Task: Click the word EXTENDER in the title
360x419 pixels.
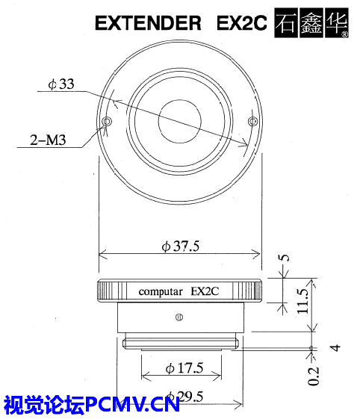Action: pyautogui.click(x=148, y=23)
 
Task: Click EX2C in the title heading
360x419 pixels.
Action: pyautogui.click(x=241, y=23)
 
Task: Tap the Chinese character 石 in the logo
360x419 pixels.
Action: pyautogui.click(x=286, y=22)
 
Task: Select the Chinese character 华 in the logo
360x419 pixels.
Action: pyautogui.click(x=337, y=22)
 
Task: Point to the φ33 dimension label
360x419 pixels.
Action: pyautogui.click(x=61, y=84)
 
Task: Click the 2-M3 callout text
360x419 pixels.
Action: pyautogui.click(x=48, y=140)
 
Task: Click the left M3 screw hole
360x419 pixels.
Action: pyautogui.click(x=107, y=121)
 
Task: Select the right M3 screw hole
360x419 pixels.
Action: pyautogui.click(x=252, y=121)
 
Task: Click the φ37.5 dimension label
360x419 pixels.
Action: pyautogui.click(x=181, y=246)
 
